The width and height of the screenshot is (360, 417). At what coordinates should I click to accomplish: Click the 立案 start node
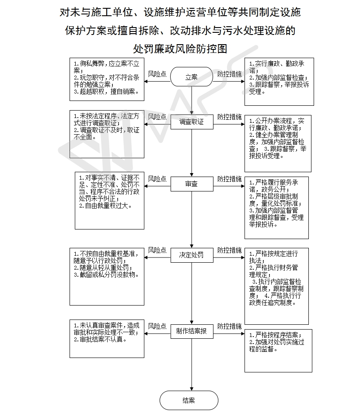point(192,77)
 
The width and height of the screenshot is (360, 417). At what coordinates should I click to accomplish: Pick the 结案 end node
point(189,400)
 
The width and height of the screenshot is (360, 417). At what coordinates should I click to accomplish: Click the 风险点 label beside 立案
point(157,74)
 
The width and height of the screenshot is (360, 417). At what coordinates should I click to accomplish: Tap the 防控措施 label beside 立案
point(229,74)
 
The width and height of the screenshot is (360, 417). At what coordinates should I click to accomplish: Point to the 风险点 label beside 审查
point(157,179)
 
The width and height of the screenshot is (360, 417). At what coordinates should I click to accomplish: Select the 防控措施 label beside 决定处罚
point(229,250)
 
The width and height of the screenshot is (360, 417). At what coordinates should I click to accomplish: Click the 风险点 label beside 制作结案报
point(157,326)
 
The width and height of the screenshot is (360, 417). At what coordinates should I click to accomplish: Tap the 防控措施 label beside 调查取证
point(229,117)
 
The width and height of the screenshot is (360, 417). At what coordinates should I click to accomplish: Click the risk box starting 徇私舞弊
point(107,79)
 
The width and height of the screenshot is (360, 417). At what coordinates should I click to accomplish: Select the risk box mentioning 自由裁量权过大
point(110,201)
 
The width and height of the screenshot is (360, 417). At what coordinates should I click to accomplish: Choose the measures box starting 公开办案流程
point(278,144)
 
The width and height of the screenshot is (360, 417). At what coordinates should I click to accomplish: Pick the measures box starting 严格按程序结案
point(278,351)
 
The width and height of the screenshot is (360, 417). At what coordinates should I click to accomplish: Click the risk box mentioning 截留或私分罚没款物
point(107,277)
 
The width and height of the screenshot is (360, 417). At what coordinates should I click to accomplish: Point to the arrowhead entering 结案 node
point(192,389)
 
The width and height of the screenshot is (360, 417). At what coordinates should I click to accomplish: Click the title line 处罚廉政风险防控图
point(180,49)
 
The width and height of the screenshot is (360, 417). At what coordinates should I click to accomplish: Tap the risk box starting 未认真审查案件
point(107,339)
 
